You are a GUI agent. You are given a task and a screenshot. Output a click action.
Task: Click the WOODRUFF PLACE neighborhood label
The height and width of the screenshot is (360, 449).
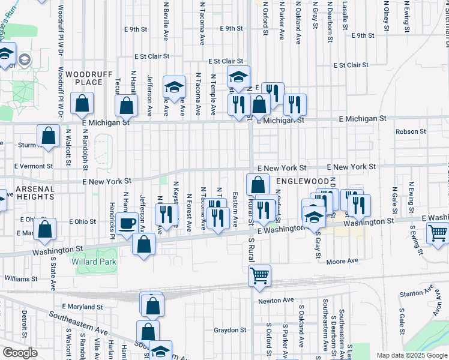pos(85,77)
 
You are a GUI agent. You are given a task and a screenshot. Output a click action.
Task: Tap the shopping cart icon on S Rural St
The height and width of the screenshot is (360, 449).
pos(260,276)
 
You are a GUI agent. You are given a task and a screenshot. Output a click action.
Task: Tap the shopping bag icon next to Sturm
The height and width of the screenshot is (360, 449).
pos(49,135)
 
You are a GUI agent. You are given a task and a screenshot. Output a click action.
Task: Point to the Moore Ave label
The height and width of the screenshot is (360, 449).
pos(342,261)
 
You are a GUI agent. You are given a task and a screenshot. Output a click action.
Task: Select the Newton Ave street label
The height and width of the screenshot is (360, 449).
pos(276,300)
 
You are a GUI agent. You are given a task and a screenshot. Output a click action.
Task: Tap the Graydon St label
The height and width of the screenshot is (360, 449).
pos(231,330)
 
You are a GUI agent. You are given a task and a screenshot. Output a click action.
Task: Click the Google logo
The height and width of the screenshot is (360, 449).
pos(20,353)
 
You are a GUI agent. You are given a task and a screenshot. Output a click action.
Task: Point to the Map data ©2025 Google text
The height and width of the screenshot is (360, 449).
pos(411,355)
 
